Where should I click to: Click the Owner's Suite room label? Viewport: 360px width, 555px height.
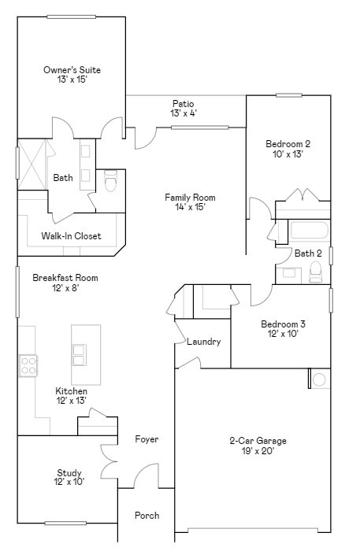72,70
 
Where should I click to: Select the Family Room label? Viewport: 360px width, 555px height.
190,198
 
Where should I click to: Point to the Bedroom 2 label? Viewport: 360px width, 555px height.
288,144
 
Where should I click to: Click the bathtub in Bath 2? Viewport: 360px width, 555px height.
309,231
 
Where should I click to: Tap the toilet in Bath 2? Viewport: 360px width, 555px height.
316,272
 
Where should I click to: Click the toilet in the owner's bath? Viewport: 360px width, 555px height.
110,182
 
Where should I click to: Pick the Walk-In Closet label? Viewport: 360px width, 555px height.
71,236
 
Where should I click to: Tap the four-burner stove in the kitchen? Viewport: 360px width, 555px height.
28,365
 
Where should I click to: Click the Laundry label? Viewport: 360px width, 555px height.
203,342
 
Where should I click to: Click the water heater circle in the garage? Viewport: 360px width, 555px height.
320,379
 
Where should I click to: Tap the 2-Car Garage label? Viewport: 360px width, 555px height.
258,441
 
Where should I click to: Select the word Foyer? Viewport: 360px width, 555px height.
147,439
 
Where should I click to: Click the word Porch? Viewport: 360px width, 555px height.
147,516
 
